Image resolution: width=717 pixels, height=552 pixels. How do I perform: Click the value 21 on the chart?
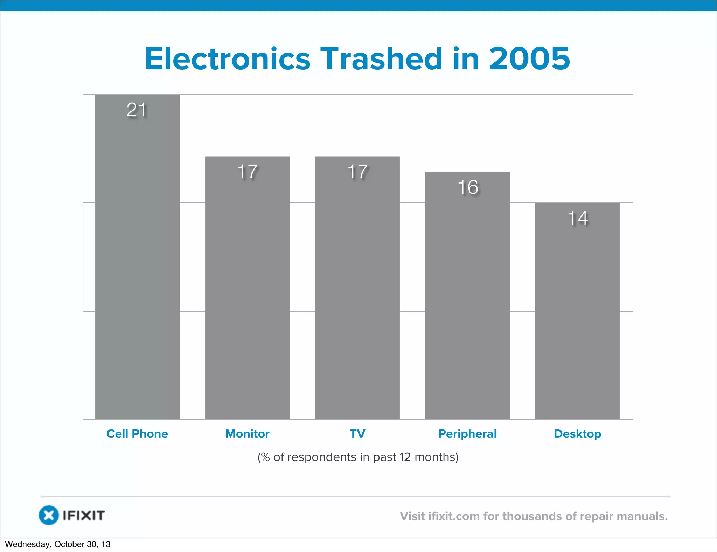(x=137, y=110)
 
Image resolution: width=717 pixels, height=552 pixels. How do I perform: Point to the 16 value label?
(x=468, y=187)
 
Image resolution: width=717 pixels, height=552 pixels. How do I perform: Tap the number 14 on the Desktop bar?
(x=578, y=218)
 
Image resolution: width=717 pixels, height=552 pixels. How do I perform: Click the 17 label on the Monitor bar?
(x=248, y=172)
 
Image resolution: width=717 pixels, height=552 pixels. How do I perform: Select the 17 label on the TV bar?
(x=357, y=172)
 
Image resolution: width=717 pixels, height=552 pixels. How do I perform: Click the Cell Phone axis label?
(x=137, y=434)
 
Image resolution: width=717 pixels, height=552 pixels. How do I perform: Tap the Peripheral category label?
(x=467, y=434)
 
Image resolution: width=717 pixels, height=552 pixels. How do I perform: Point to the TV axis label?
(x=357, y=434)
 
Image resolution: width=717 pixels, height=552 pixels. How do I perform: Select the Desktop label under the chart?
(x=577, y=434)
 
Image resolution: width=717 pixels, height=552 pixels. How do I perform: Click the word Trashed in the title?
(x=381, y=58)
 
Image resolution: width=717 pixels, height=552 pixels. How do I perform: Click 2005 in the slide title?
(x=529, y=58)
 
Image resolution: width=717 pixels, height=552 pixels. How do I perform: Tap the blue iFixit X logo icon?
(x=49, y=515)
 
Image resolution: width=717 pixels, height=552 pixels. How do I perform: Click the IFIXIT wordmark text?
(x=84, y=516)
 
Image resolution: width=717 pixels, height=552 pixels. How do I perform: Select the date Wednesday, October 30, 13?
(x=58, y=544)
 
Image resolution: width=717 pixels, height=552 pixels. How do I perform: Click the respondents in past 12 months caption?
(x=358, y=457)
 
